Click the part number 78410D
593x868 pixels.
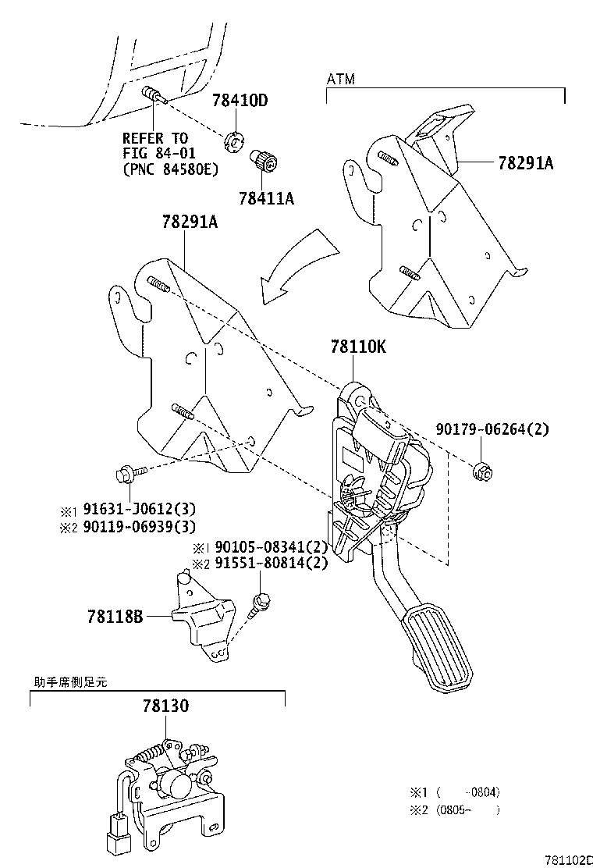240,101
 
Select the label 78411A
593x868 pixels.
266,198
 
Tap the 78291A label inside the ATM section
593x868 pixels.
525,163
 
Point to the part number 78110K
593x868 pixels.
357,347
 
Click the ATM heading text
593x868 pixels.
339,80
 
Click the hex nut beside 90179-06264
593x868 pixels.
481,471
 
